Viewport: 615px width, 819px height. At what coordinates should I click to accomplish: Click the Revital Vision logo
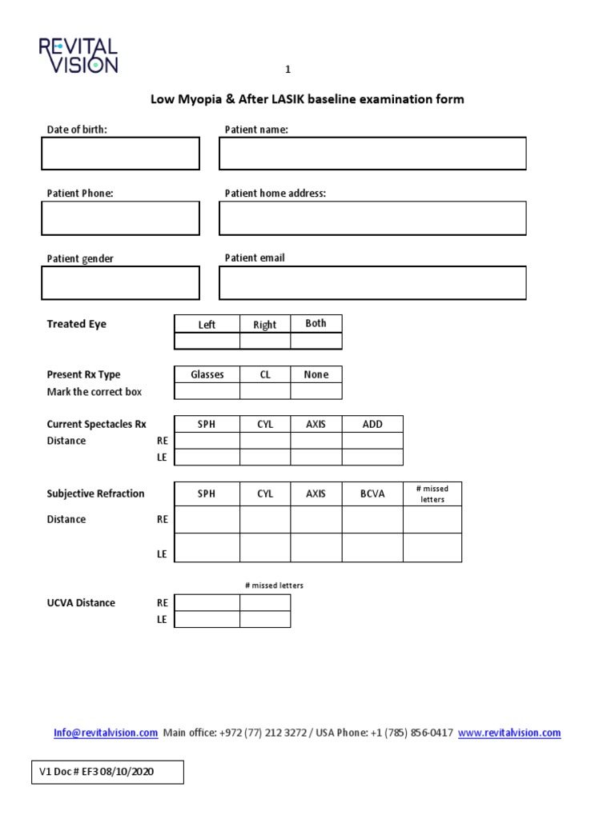[78, 55]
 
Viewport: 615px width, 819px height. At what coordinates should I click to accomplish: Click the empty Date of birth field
[120, 154]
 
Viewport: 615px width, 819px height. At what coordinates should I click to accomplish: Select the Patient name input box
[372, 154]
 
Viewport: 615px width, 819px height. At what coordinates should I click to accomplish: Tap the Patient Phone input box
[120, 218]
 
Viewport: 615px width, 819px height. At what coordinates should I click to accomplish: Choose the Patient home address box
[372, 218]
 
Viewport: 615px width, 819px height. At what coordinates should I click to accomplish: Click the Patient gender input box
[120, 283]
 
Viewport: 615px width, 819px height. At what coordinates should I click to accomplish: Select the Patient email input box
[372, 283]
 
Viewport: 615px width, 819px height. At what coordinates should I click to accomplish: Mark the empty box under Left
[207, 341]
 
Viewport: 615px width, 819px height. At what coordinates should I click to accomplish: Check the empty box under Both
[316, 341]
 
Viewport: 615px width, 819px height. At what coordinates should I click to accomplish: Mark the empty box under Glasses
[207, 391]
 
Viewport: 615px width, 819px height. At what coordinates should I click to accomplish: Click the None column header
[316, 374]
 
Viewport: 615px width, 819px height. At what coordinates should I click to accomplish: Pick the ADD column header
[372, 425]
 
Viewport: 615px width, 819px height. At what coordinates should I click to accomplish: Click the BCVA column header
[372, 493]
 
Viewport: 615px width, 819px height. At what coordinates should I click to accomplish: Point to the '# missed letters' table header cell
[432, 493]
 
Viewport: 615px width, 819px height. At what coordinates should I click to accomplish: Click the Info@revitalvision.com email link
[106, 733]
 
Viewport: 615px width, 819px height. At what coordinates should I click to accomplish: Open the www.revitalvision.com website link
[509, 733]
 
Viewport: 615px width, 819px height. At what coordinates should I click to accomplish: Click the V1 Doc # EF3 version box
[107, 772]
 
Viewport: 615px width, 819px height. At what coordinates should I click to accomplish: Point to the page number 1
[288, 70]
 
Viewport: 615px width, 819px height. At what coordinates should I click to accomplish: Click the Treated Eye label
[77, 324]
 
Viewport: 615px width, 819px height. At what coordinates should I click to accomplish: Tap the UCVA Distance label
[81, 602]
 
